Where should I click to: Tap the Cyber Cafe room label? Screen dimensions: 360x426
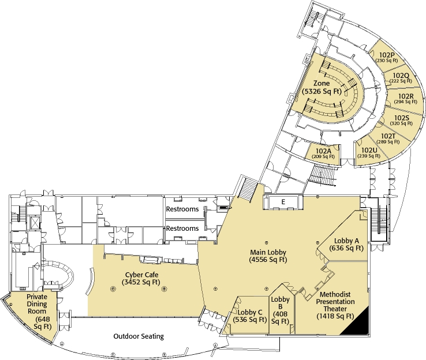(141, 278)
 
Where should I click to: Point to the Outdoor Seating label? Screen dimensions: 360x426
(139, 336)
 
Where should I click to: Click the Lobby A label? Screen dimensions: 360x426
(347, 244)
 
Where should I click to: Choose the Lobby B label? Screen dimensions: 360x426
(280, 310)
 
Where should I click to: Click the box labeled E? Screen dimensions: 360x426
(283, 201)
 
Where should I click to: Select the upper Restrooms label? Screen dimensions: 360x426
(182, 209)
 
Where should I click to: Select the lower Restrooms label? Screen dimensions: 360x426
(182, 228)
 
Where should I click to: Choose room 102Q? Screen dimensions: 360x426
(401, 78)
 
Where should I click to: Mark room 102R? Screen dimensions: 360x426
(406, 99)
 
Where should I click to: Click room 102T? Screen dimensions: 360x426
(388, 138)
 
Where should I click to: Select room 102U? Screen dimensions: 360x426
(367, 153)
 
